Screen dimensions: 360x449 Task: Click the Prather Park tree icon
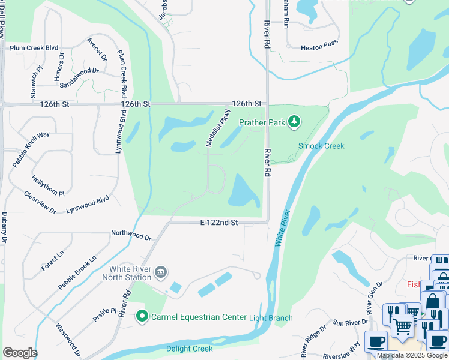294,122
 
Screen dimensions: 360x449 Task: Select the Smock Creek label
322,146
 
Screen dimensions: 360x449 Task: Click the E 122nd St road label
219,223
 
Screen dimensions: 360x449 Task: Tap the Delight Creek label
190,349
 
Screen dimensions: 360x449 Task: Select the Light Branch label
271,317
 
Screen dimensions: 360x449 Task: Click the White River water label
282,227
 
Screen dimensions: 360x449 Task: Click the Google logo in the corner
19,353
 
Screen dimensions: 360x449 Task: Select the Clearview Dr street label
40,203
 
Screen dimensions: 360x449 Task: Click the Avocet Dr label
97,50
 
